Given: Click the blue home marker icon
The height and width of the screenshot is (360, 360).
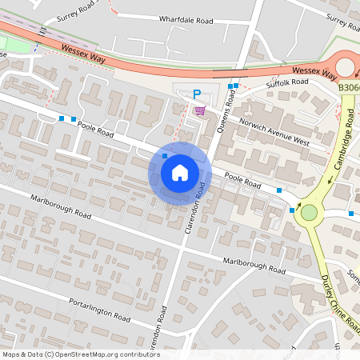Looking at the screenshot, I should click(180, 173).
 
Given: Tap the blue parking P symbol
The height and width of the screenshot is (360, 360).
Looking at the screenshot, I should click(197, 94).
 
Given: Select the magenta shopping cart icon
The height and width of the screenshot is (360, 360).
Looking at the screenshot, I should click(199, 110).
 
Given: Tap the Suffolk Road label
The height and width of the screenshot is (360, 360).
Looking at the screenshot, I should click(287, 82).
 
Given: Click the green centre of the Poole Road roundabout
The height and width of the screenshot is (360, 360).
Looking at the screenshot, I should click(307, 213).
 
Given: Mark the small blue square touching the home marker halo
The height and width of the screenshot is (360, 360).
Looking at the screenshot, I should click(165, 156).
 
